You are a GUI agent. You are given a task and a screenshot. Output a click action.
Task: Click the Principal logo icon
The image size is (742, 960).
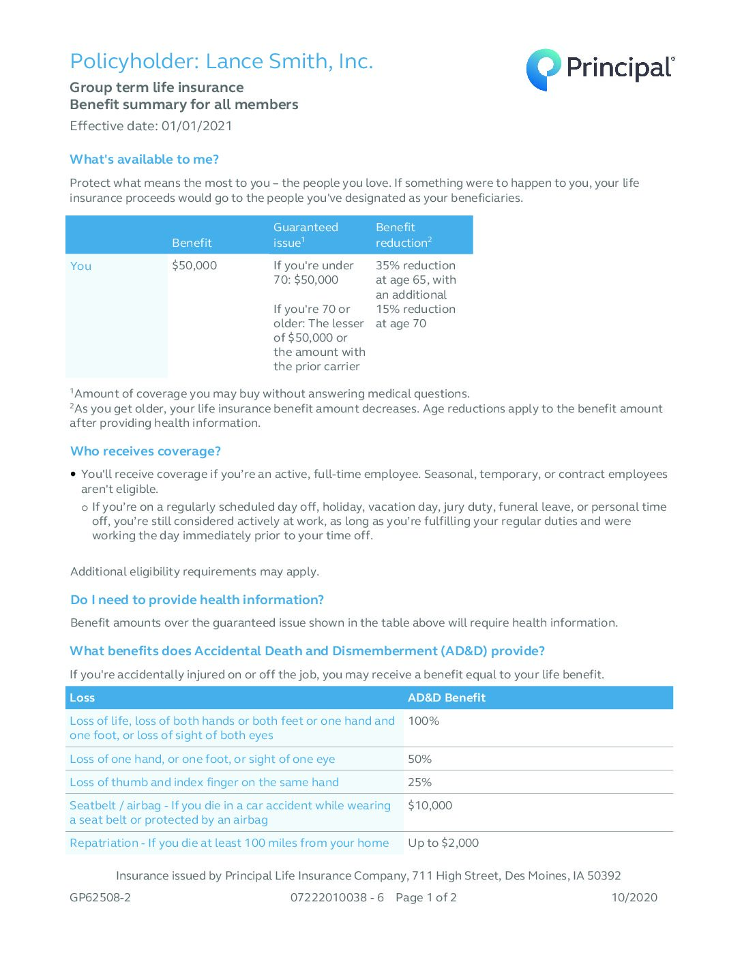click(x=543, y=69)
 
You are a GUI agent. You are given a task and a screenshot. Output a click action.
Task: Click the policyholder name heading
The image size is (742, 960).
click(x=221, y=61)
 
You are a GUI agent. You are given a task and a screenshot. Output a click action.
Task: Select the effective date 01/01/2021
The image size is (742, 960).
click(x=196, y=126)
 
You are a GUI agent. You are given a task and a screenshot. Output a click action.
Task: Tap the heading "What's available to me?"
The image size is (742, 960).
click(x=144, y=160)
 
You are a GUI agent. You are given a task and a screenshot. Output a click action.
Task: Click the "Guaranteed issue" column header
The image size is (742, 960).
click(x=306, y=235)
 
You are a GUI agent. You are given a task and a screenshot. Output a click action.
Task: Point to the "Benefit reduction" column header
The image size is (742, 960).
click(x=403, y=235)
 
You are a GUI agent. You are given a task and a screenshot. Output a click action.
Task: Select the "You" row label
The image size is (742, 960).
click(x=80, y=267)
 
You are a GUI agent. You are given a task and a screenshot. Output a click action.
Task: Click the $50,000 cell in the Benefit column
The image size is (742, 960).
click(x=194, y=266)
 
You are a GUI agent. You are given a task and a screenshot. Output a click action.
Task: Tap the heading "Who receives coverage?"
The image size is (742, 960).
click(x=145, y=451)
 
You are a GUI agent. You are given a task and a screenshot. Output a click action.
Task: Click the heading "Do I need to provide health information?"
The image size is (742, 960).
click(x=197, y=600)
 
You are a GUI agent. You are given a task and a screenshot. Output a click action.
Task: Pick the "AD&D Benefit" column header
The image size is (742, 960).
click(x=446, y=698)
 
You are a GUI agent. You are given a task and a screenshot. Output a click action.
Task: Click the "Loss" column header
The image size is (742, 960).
click(x=82, y=698)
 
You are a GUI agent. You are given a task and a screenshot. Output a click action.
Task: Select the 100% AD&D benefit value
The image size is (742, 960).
click(x=424, y=721)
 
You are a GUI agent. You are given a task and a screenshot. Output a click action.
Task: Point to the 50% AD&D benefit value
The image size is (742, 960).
click(x=419, y=760)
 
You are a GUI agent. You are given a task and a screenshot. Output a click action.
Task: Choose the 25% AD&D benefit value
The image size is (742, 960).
click(x=419, y=783)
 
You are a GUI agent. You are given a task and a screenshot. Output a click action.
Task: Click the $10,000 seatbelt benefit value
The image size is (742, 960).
click(x=430, y=806)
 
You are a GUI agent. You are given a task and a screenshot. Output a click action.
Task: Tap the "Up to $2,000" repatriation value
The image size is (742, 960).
click(x=443, y=843)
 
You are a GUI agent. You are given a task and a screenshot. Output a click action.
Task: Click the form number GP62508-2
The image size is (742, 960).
click(x=100, y=898)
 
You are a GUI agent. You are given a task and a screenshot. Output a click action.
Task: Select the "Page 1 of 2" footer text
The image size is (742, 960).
click(x=426, y=898)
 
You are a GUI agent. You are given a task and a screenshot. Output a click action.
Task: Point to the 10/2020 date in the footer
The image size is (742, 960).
click(x=634, y=898)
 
